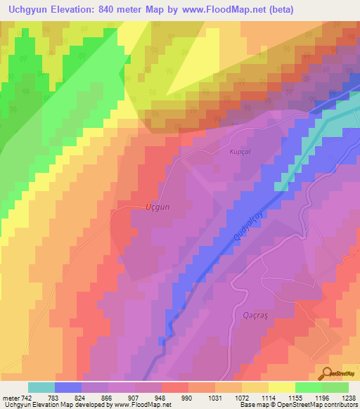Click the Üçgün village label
157,207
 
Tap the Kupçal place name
240,151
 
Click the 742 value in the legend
27,397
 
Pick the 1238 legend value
349,397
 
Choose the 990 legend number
188,397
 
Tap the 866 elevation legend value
108,397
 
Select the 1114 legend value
268,397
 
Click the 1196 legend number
321,397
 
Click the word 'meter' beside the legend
11,397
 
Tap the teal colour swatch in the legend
41,387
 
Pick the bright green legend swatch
308,387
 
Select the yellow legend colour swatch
281,387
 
